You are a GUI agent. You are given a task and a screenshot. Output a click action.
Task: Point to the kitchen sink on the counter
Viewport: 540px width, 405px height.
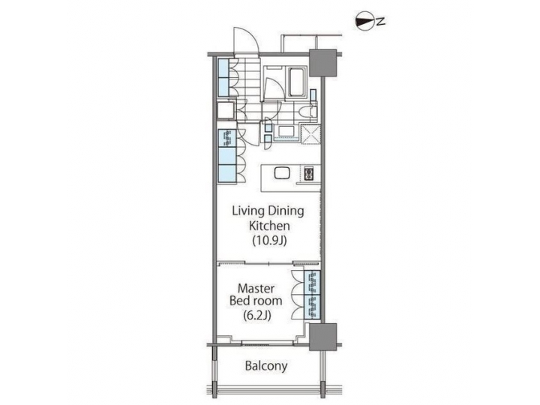pyautogui.click(x=280, y=173)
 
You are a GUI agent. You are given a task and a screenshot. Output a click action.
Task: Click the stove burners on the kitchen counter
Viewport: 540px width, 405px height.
pyautogui.click(x=309, y=173)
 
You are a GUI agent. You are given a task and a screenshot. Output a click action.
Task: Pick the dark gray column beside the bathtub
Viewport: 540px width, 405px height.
pyautogui.click(x=323, y=64)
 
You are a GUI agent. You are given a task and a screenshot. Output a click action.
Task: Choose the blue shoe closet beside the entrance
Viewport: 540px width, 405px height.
pyautogui.click(x=223, y=76)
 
